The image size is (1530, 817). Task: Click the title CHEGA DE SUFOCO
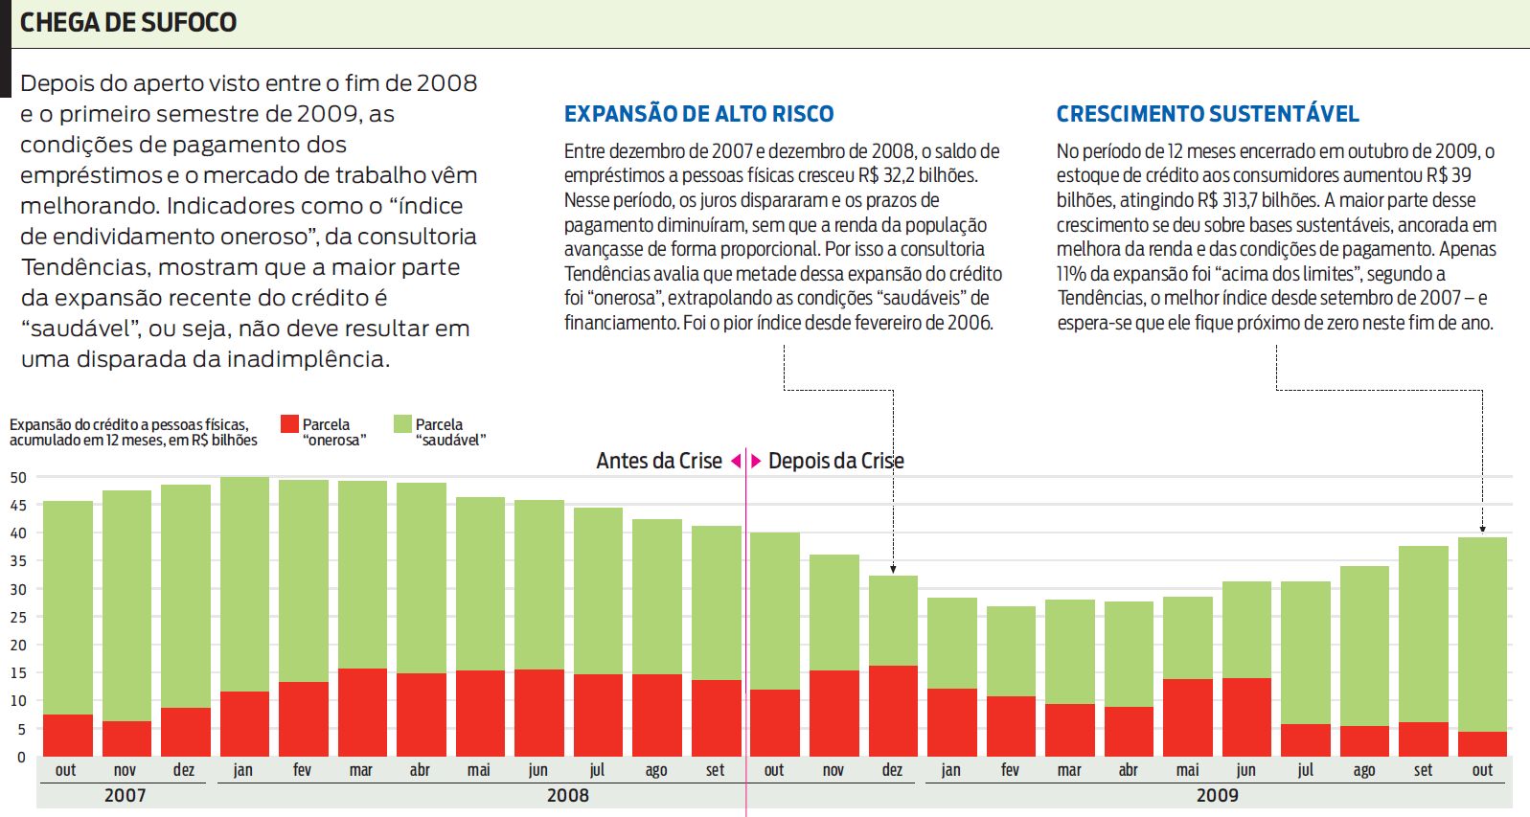tap(128, 22)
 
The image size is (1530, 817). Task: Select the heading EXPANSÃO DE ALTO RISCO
tap(698, 114)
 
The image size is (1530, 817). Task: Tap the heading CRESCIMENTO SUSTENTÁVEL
tap(1207, 114)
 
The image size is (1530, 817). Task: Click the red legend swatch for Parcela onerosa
tap(289, 423)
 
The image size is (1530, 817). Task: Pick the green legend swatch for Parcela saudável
tap(402, 423)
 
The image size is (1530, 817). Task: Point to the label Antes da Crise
tap(659, 461)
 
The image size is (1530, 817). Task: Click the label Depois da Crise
tap(835, 461)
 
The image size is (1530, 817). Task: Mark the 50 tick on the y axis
tap(18, 477)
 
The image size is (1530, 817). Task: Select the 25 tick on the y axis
tap(18, 617)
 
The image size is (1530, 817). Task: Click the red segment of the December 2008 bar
tap(893, 711)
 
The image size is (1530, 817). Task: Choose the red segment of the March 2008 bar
tap(361, 712)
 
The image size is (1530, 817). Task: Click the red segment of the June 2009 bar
tap(1246, 716)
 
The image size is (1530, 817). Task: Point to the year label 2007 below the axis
tap(125, 795)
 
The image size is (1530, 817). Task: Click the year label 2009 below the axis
tap(1217, 795)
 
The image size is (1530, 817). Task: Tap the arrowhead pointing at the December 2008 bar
tap(893, 569)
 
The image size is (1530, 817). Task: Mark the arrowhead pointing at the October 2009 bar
tap(1482, 528)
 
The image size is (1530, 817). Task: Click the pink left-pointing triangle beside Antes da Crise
tap(736, 461)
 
